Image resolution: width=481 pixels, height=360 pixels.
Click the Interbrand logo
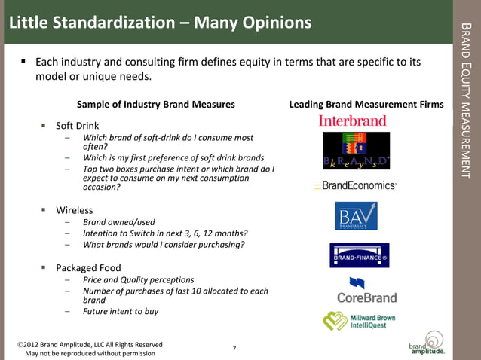pyautogui.click(x=352, y=121)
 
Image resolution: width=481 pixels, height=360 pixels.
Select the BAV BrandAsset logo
pyautogui.click(x=356, y=216)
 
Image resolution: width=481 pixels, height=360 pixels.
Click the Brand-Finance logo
pyautogui.click(x=359, y=256)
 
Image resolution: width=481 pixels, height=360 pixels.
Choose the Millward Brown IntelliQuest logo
pyautogui.click(x=359, y=321)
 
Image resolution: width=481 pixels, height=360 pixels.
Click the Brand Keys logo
pyautogui.click(x=356, y=151)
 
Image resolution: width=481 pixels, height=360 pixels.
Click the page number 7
pyautogui.click(x=234, y=348)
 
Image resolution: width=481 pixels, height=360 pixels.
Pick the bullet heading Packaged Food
pyautogui.click(x=88, y=267)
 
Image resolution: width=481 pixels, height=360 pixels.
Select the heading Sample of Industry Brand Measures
pyautogui.click(x=156, y=104)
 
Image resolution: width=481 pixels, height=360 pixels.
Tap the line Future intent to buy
pyautogui.click(x=121, y=311)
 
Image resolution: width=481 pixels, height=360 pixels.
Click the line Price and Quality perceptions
pyautogui.click(x=138, y=279)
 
